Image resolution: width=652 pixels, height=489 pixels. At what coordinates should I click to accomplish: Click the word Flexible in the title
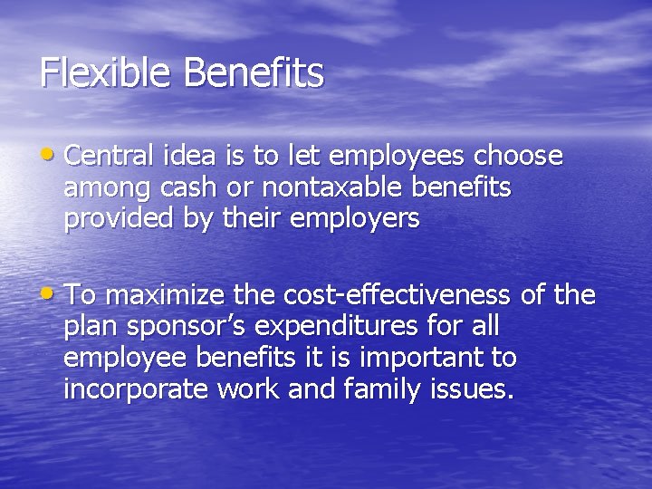coord(105,72)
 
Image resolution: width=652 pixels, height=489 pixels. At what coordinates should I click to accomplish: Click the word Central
coord(111,157)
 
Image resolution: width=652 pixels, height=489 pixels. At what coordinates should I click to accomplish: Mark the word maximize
coord(168,295)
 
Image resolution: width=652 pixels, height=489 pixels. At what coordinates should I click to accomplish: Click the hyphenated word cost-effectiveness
coord(400,295)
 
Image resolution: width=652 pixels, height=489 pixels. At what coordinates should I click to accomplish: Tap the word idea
coord(194,157)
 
